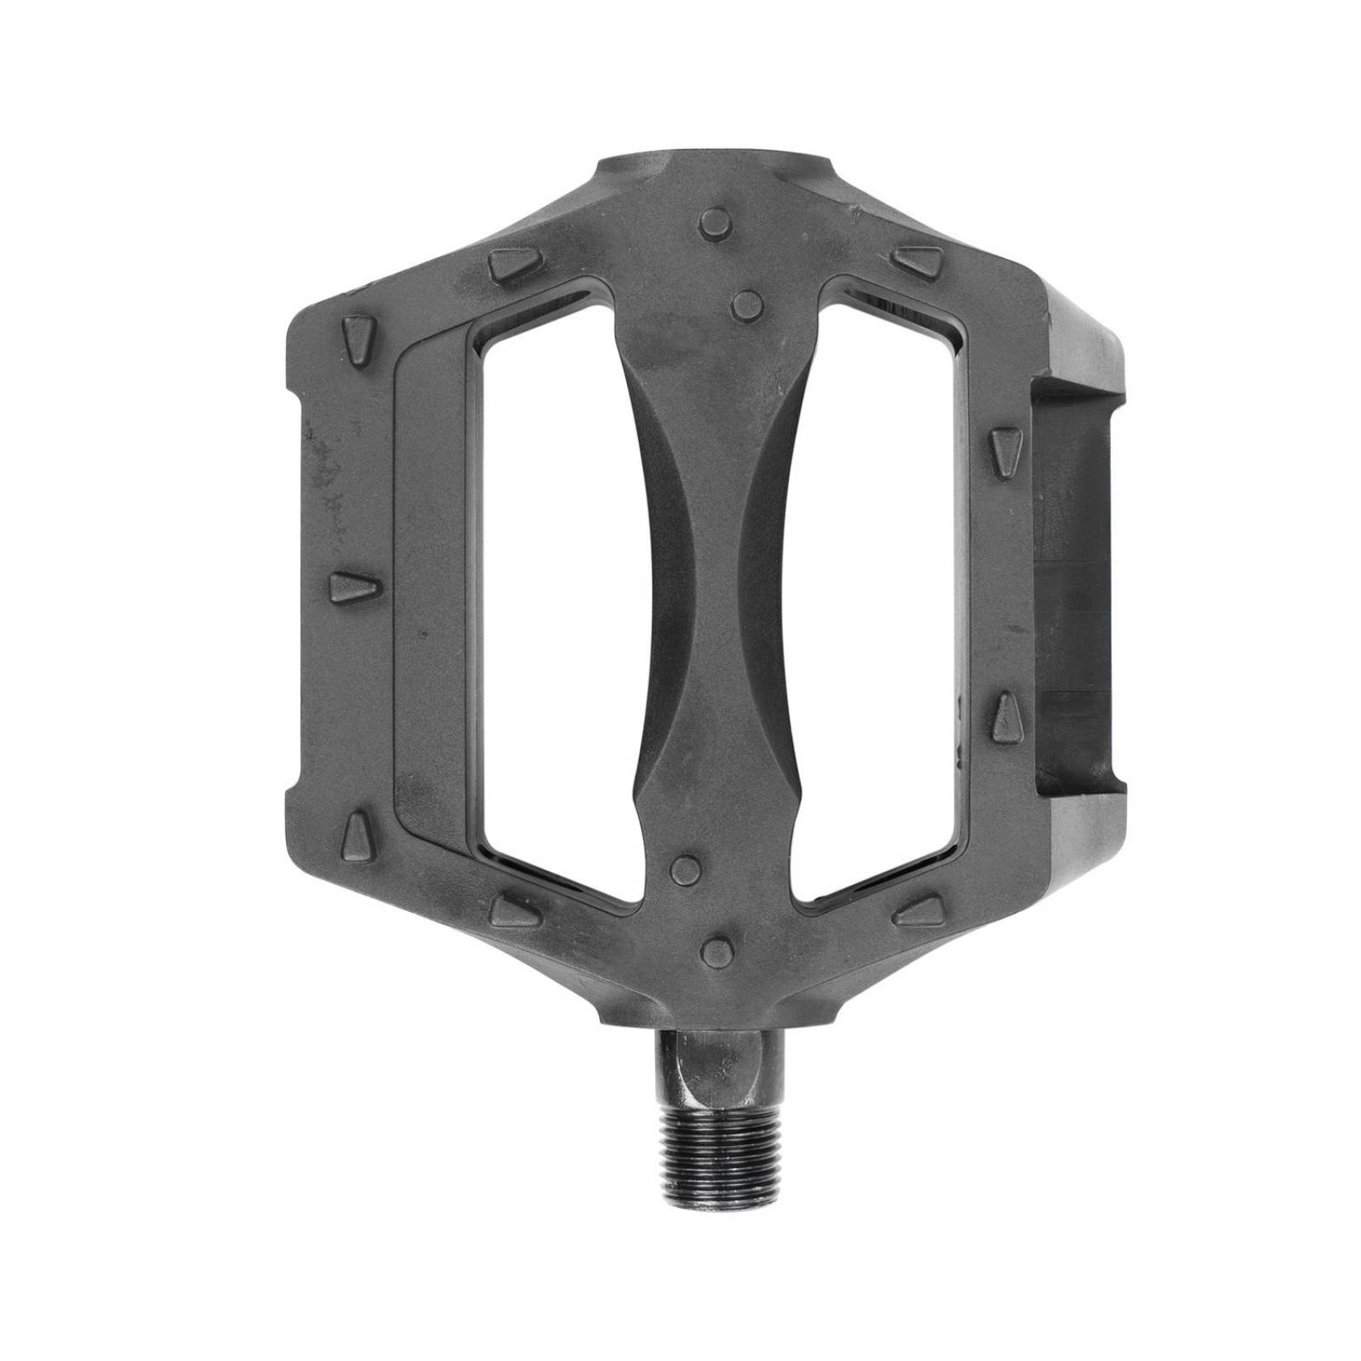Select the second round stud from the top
point(746,304)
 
